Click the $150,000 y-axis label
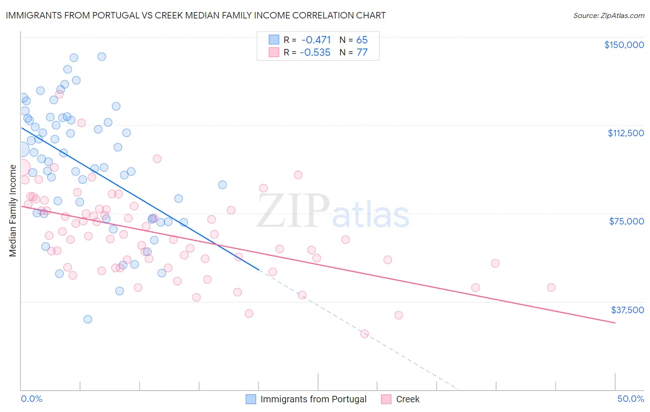(624, 45)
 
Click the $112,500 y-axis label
(625, 133)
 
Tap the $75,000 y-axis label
(626, 221)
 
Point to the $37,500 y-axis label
(627, 310)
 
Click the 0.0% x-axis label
(31, 399)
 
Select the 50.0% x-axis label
(631, 399)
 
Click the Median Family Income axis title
(12, 210)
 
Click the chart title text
(196, 15)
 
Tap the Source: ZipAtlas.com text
(608, 15)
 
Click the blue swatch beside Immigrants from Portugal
(251, 399)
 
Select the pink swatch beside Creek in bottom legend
(386, 399)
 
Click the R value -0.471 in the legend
(316, 40)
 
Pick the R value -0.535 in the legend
(315, 53)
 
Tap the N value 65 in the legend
(362, 40)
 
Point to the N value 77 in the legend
(362, 53)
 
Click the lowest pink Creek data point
(364, 333)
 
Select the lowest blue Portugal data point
(87, 319)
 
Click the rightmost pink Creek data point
(551, 287)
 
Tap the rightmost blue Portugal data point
(222, 185)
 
